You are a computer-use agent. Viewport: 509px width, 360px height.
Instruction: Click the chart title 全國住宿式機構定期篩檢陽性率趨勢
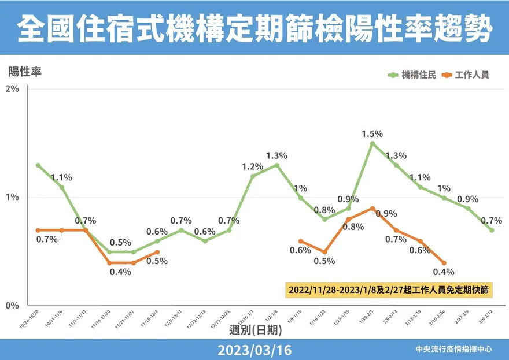coord(254,27)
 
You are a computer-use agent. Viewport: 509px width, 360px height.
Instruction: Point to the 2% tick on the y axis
coord(12,89)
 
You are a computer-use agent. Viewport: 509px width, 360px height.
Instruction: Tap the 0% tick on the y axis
coord(12,306)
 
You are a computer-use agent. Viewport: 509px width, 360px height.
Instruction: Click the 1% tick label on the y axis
coord(12,198)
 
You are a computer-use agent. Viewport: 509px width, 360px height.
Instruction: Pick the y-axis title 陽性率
coord(25,72)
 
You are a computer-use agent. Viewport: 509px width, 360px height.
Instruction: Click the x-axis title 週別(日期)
coord(255,330)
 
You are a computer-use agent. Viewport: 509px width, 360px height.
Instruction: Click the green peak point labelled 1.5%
coord(372,143)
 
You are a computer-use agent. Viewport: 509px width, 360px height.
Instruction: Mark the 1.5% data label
coord(372,133)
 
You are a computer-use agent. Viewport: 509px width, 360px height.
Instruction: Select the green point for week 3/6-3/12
coord(492,230)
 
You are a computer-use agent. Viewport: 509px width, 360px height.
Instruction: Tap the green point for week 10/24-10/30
coord(38,165)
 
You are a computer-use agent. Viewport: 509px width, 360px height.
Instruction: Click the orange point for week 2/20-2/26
coord(444,262)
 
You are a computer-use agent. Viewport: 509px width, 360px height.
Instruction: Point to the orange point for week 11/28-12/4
coord(157,252)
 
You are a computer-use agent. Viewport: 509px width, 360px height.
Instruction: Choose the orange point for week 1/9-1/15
coord(301,241)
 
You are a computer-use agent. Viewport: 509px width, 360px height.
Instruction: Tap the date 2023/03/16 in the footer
coord(254,350)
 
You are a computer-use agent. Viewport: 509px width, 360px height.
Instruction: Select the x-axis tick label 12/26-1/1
coord(245,319)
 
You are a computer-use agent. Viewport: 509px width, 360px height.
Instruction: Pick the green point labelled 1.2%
coord(253,176)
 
